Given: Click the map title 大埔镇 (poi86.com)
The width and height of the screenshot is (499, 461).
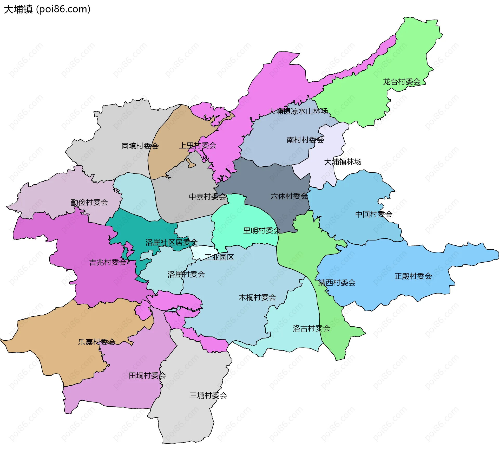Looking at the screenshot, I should coord(47,9).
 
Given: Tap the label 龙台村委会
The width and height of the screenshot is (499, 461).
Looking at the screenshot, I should coord(402,82).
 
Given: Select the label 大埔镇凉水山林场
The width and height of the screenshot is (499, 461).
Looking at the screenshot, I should coord(298,111).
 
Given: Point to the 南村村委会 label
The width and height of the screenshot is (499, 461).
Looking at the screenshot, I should coord(305,140).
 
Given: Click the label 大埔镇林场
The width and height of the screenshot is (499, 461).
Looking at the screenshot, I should coord(343,162).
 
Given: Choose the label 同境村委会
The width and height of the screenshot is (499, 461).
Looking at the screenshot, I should coord(140,146).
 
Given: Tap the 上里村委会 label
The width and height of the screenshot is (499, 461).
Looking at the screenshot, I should coord(198,146).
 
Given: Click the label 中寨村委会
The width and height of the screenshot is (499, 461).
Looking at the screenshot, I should coord(207,197).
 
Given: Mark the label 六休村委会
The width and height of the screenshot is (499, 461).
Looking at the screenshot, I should coord(289,196).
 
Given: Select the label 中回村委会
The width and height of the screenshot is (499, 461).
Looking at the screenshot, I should coord(373,214).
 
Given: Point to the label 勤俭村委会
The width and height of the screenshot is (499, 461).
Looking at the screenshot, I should coord(89,202).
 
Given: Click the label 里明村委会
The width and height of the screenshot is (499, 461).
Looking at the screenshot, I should coord(262,231).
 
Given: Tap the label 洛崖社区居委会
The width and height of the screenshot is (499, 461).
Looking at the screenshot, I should coord(172,243).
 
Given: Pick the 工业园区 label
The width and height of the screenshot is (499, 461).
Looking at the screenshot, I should coord(219,257).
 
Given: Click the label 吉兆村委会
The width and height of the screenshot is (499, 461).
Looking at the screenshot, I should coord(108,262).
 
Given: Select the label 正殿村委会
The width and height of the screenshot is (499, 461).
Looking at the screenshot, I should coord(413,276).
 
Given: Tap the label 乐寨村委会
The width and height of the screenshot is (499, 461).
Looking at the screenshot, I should coord(97,342).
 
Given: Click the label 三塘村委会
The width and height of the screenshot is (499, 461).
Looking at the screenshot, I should coord(208,396).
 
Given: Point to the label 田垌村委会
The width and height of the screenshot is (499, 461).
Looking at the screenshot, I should coord(147,376).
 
